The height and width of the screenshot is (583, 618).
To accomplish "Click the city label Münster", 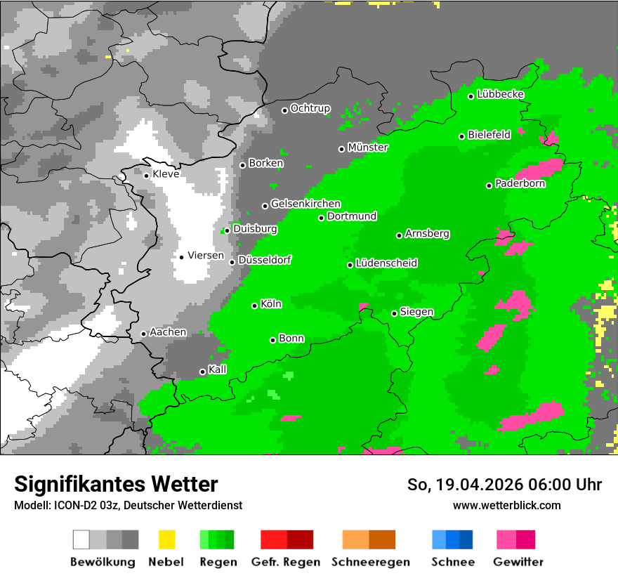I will point(367,148).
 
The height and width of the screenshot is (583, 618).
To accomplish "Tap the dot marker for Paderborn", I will point(489,185).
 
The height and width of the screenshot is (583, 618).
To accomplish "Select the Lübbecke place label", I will point(500,94).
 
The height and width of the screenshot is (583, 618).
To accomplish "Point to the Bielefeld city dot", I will point(461,136).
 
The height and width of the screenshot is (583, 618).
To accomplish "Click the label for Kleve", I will point(166,174).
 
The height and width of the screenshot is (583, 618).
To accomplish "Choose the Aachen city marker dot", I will point(143,334).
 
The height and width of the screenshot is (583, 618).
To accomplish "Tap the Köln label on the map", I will point(271,304).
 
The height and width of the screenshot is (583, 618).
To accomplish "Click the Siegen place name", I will point(416,312).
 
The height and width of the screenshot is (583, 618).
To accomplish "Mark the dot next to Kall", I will point(202,372).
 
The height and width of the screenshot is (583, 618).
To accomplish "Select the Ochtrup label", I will point(310,108).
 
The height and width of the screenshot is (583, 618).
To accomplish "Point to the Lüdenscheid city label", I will point(386,263).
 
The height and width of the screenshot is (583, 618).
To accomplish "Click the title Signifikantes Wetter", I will point(116,484).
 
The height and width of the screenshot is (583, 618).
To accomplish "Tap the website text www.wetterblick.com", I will point(506,505).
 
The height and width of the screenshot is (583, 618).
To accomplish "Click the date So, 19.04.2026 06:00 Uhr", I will point(504,485).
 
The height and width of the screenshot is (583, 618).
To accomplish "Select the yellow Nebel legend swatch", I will point(166,539).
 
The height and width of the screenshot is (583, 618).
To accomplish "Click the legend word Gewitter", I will point(518,562).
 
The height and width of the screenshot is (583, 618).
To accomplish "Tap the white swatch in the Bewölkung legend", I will point(81,539).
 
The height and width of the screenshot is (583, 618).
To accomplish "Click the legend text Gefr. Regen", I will point(285,562).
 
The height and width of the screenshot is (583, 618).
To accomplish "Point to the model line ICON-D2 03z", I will point(128,505).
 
